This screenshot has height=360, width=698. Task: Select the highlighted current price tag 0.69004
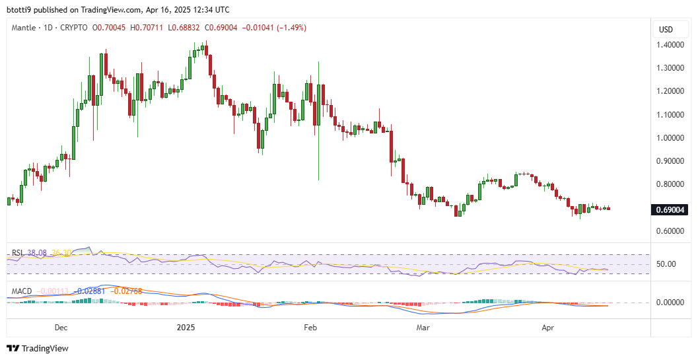[670, 210]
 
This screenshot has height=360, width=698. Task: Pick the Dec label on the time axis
[61, 327]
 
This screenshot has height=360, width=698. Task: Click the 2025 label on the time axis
[186, 327]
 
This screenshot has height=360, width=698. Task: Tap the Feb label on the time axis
[310, 327]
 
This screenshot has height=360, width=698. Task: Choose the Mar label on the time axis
[422, 327]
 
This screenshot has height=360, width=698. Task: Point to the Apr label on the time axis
[547, 327]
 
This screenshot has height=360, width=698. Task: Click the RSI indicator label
[17, 253]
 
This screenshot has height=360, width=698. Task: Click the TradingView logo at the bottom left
[38, 348]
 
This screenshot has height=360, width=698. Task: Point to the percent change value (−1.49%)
[287, 28]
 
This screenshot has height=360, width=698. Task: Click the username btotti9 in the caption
[20, 10]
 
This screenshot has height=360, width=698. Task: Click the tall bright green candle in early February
[318, 119]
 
